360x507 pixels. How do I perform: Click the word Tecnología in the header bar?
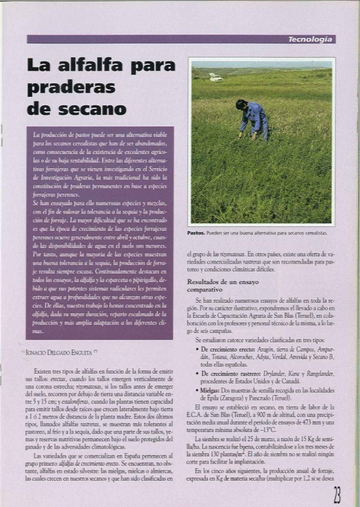click(310, 39)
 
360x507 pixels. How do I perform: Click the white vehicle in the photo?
click(216, 78)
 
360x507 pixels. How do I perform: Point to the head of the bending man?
click(242, 105)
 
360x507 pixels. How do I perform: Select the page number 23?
click(337, 495)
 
